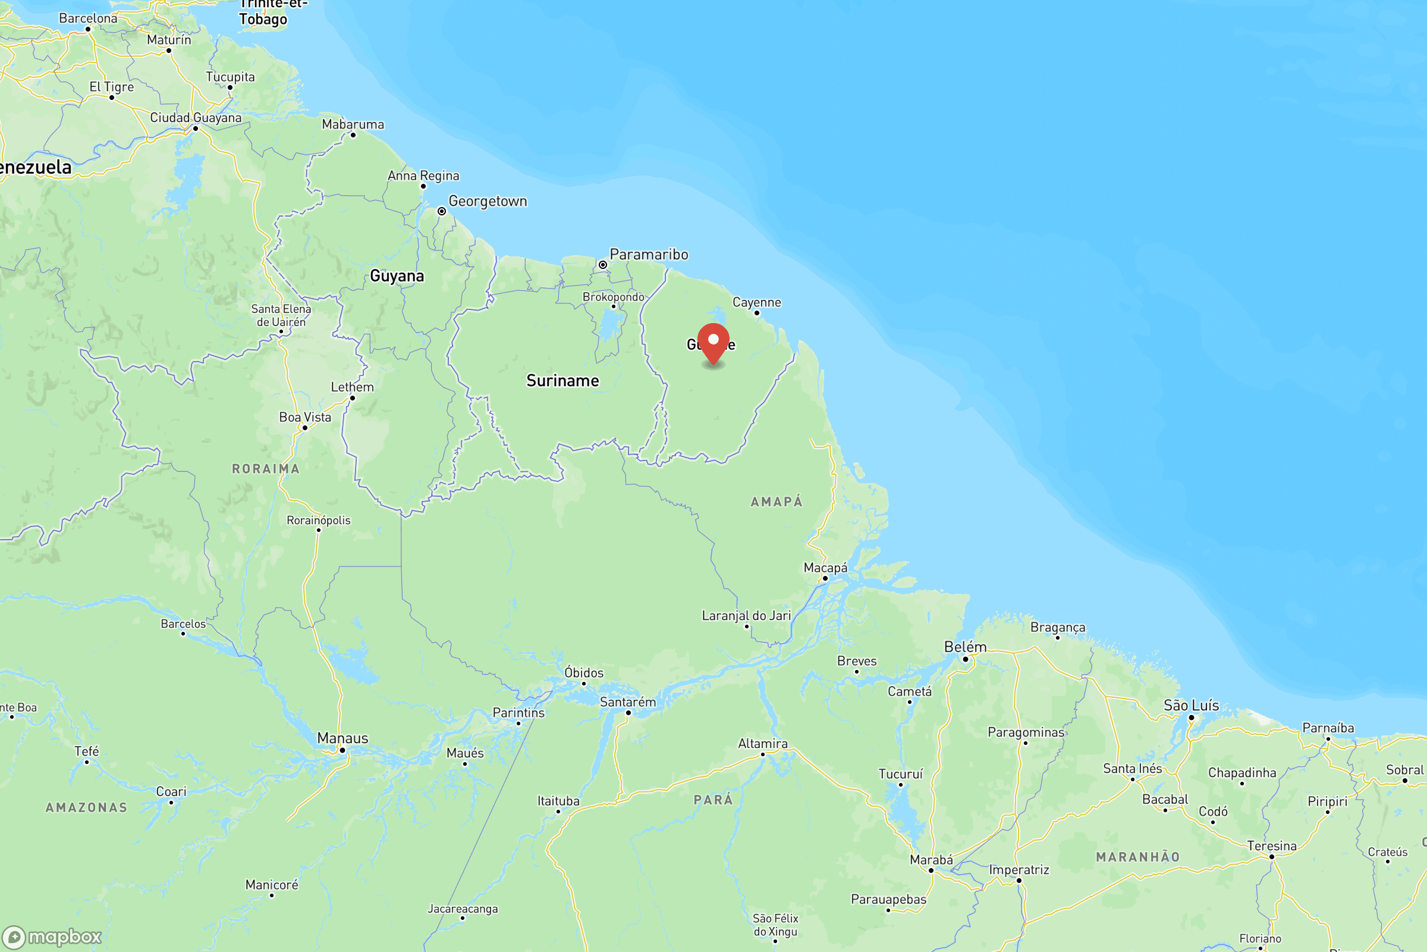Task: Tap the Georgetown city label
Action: pyautogui.click(x=488, y=201)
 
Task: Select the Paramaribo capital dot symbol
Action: pyautogui.click(x=602, y=265)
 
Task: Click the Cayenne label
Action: pyautogui.click(x=756, y=302)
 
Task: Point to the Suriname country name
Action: pyautogui.click(x=562, y=381)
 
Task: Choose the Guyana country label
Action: pyautogui.click(x=397, y=276)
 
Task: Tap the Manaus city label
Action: pyautogui.click(x=342, y=738)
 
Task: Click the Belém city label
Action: pyautogui.click(x=964, y=647)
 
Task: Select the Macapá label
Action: pyautogui.click(x=825, y=568)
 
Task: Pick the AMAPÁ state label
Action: pyautogui.click(x=777, y=502)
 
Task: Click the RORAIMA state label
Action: pyautogui.click(x=266, y=469)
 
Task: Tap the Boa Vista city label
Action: pyautogui.click(x=305, y=417)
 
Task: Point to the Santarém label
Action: pyautogui.click(x=628, y=702)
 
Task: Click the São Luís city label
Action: pyautogui.click(x=1191, y=705)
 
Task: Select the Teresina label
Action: pyautogui.click(x=1272, y=845)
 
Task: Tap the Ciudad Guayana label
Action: pyautogui.click(x=196, y=118)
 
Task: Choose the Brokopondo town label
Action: pyautogui.click(x=613, y=297)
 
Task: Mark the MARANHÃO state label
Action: pyautogui.click(x=1137, y=857)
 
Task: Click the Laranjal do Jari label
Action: pyautogui.click(x=746, y=616)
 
